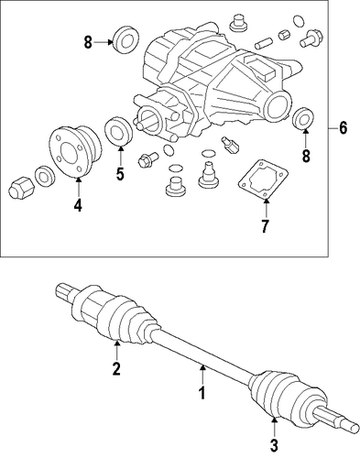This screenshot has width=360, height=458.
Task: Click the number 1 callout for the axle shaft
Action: [202, 393]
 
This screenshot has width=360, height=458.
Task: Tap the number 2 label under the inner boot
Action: [116, 368]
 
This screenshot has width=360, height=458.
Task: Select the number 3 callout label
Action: [274, 445]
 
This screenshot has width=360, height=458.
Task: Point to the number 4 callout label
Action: [78, 205]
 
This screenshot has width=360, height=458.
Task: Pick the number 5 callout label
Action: [120, 173]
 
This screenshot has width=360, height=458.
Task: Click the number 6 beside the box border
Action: [343, 127]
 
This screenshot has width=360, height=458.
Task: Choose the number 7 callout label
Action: [265, 226]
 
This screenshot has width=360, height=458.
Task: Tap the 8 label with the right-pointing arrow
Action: [88, 42]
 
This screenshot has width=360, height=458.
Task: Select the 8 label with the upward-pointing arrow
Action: [306, 156]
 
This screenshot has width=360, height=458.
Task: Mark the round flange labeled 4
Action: [75, 152]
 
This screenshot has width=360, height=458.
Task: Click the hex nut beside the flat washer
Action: [21, 188]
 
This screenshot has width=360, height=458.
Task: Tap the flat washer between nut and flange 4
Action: [45, 177]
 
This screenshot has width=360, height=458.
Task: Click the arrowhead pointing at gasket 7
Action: [266, 202]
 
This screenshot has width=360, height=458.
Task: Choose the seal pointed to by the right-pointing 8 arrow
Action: [125, 41]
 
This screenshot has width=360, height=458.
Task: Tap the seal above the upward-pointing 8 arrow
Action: [303, 118]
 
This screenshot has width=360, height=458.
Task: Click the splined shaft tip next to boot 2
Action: [64, 291]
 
